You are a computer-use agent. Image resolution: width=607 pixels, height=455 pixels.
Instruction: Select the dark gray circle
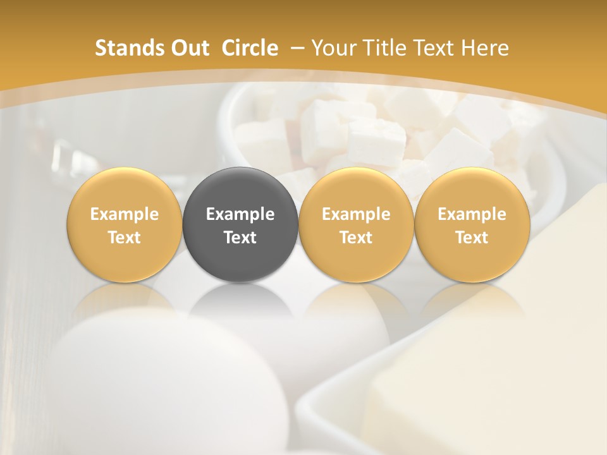click(x=240, y=224)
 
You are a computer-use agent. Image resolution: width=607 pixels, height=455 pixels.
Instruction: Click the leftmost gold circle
click(x=125, y=224)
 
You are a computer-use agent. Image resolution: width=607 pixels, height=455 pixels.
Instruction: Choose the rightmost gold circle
click(x=472, y=224)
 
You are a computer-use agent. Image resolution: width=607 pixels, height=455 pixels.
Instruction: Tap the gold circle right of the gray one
click(x=356, y=224)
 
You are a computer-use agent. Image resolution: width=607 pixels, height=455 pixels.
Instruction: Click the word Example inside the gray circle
click(x=240, y=214)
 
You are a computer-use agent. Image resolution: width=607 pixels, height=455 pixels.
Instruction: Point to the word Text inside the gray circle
click(x=240, y=238)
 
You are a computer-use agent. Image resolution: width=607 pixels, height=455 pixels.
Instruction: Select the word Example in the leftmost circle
click(x=125, y=214)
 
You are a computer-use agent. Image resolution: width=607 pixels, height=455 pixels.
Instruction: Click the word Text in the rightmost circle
click(x=472, y=238)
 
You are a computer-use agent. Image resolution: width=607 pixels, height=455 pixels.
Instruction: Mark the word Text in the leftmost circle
click(x=125, y=238)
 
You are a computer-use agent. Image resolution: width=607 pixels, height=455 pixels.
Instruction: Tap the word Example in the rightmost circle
click(x=472, y=214)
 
